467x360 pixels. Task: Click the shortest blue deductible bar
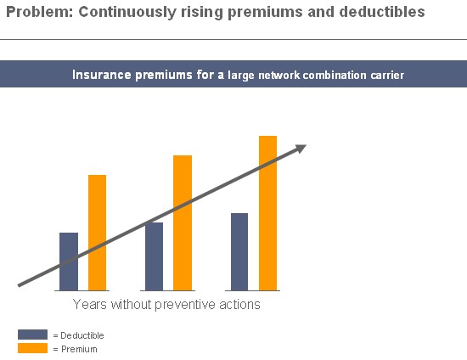point(69,262)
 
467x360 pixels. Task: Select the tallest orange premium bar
point(267,213)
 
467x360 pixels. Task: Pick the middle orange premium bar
point(183,222)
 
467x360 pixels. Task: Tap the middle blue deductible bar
point(154,256)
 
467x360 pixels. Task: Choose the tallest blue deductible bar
point(239,251)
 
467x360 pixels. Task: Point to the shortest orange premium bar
point(97,233)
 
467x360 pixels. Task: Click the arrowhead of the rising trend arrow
point(301,149)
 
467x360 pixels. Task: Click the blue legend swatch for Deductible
point(32,335)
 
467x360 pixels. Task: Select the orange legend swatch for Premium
point(32,348)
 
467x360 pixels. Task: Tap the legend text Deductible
point(82,335)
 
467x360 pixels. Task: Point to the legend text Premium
point(79,349)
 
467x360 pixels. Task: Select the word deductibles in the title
point(382,12)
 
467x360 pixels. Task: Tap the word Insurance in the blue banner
point(102,75)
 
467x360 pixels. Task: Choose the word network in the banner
point(279,75)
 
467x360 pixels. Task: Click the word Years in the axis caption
point(90,304)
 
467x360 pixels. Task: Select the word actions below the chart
point(239,305)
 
